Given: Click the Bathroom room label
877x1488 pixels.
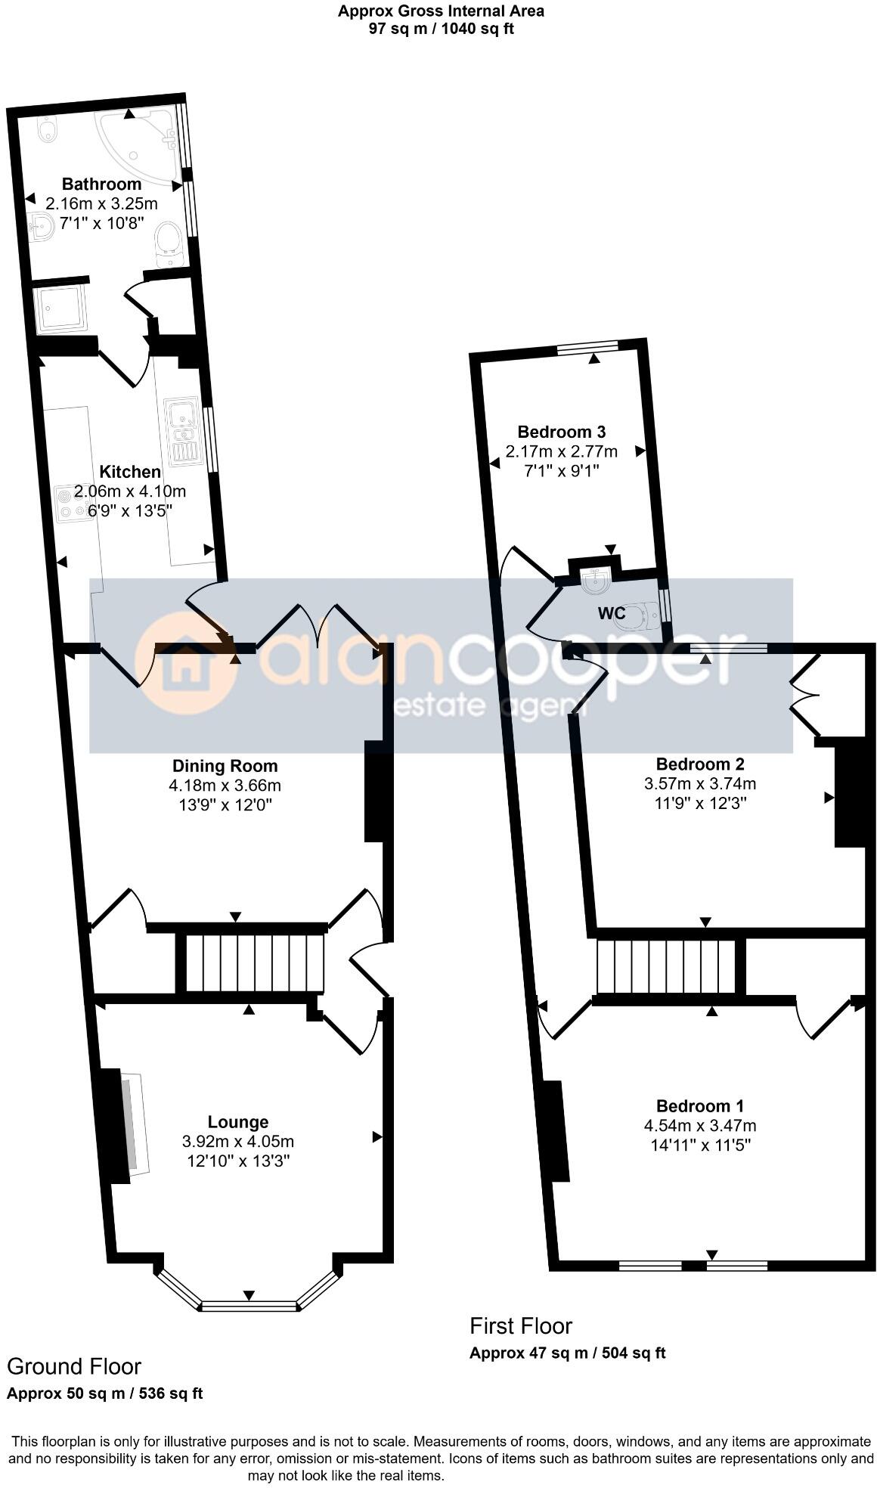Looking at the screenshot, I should tap(101, 184).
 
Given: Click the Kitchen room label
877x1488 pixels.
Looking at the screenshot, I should tap(130, 472).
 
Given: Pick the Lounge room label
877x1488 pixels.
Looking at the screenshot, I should tap(238, 1122).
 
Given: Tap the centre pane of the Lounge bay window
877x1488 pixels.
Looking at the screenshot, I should tap(249, 1306).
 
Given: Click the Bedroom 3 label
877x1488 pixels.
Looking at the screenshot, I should tap(561, 432).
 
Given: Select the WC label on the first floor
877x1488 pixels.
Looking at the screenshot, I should tap(612, 613).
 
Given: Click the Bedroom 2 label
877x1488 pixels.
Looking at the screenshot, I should tap(700, 764).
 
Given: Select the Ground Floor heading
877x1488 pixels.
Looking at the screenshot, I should tap(73, 1366).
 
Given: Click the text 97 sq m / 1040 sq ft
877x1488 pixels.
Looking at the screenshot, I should tap(441, 29).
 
